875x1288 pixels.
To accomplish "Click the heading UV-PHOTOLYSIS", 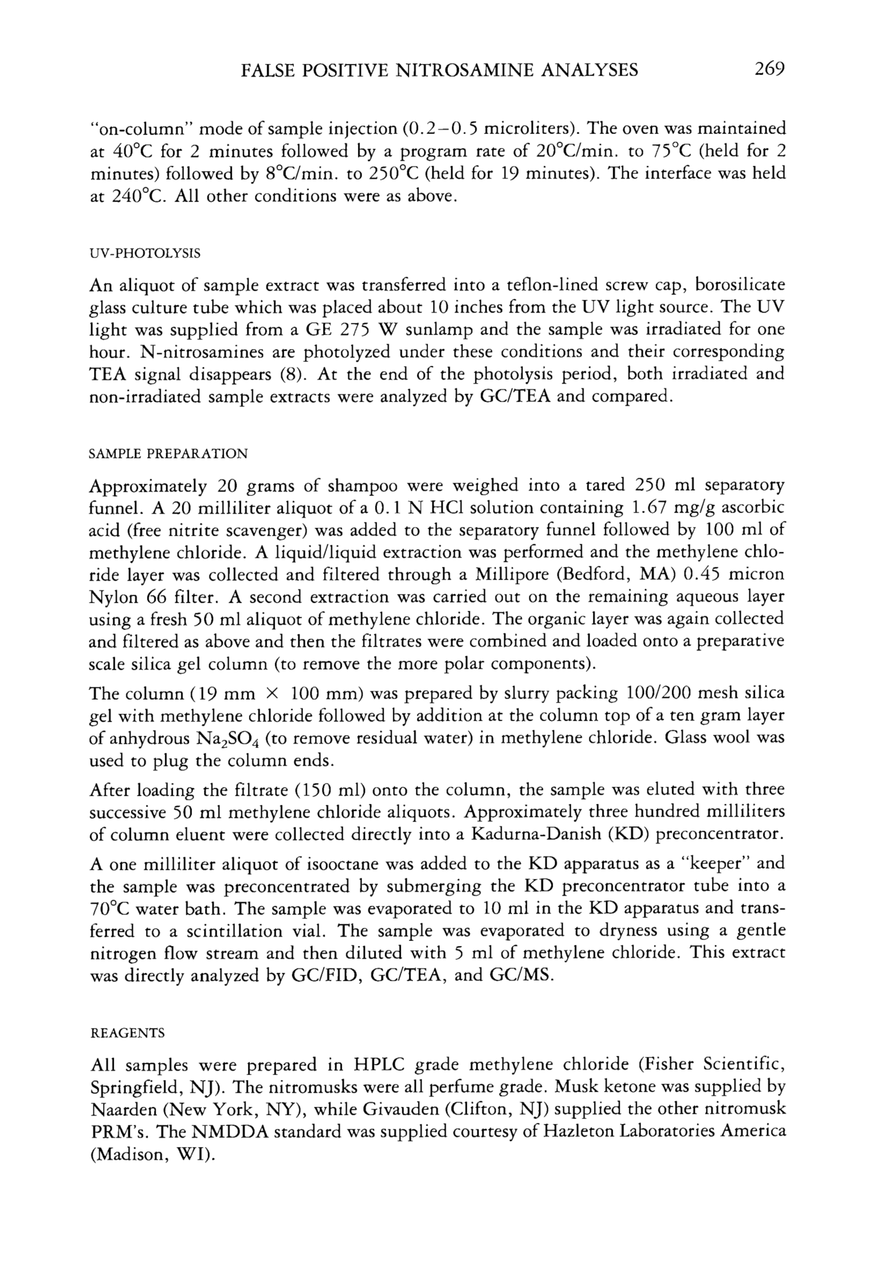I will [145, 254].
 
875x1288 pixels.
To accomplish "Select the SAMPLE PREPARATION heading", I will [168, 454].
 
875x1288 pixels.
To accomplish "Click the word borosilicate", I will [740, 285].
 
